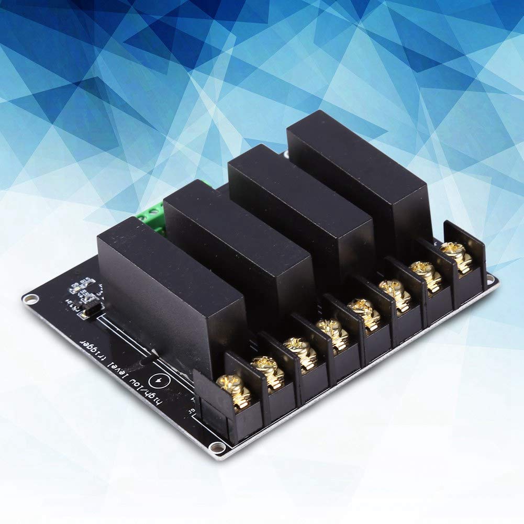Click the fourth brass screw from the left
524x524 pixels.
pos(332,329)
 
